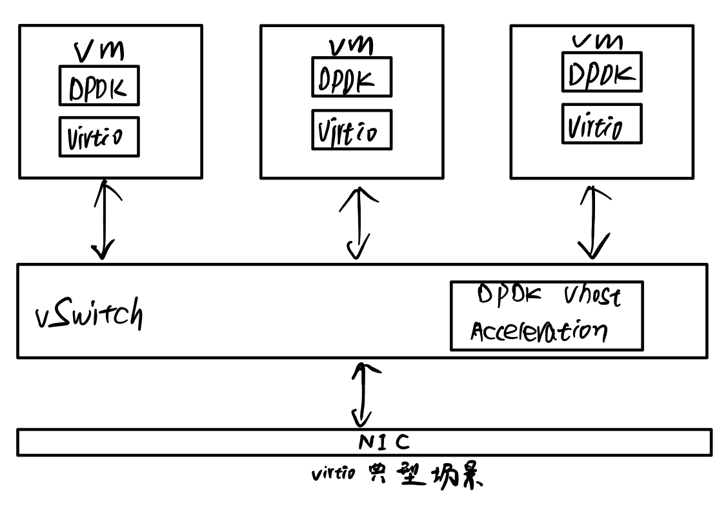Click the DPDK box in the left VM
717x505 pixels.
[x=99, y=85]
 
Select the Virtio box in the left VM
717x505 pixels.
[x=99, y=136]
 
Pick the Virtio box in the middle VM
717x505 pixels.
[x=352, y=129]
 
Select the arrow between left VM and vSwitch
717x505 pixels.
[x=103, y=220]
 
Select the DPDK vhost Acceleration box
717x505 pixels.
[x=547, y=316]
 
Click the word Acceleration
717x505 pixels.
[x=538, y=331]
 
